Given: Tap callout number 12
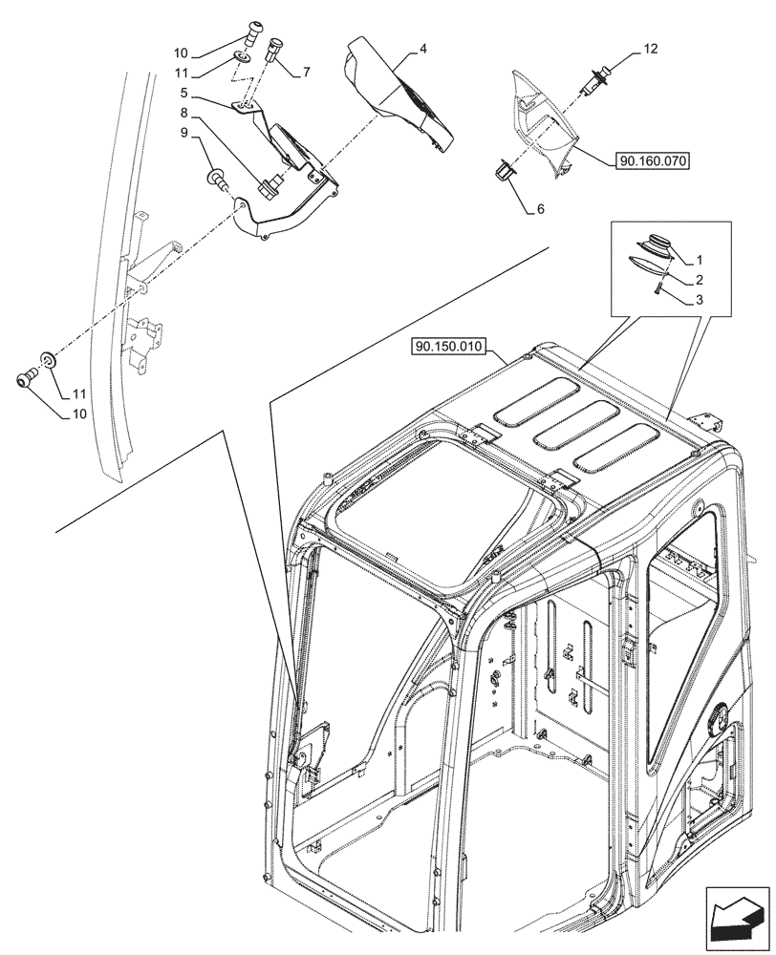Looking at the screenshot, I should pyautogui.click(x=650, y=48).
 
